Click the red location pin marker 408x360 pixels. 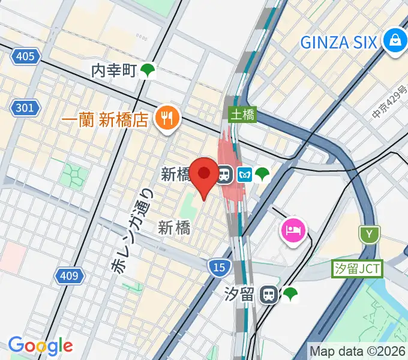205,174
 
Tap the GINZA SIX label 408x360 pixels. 338,42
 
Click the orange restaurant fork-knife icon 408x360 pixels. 166,119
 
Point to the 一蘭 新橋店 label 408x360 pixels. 104,119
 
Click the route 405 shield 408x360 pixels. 25,57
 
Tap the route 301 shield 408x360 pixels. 25,109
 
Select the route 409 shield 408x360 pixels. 69,276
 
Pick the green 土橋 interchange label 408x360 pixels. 243,113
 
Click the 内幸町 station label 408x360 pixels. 114,71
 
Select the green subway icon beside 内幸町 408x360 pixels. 148,71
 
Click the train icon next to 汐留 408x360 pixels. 269,294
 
